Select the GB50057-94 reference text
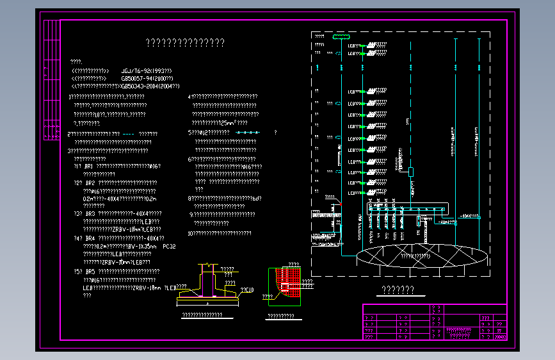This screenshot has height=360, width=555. point(147,78)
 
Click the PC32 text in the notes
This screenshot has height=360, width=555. point(170,246)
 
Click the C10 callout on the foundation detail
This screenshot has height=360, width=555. point(247,290)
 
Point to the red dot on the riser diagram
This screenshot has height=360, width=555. point(341,204)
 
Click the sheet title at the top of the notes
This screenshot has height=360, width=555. point(185,43)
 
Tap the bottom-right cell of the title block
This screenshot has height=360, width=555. point(500,336)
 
